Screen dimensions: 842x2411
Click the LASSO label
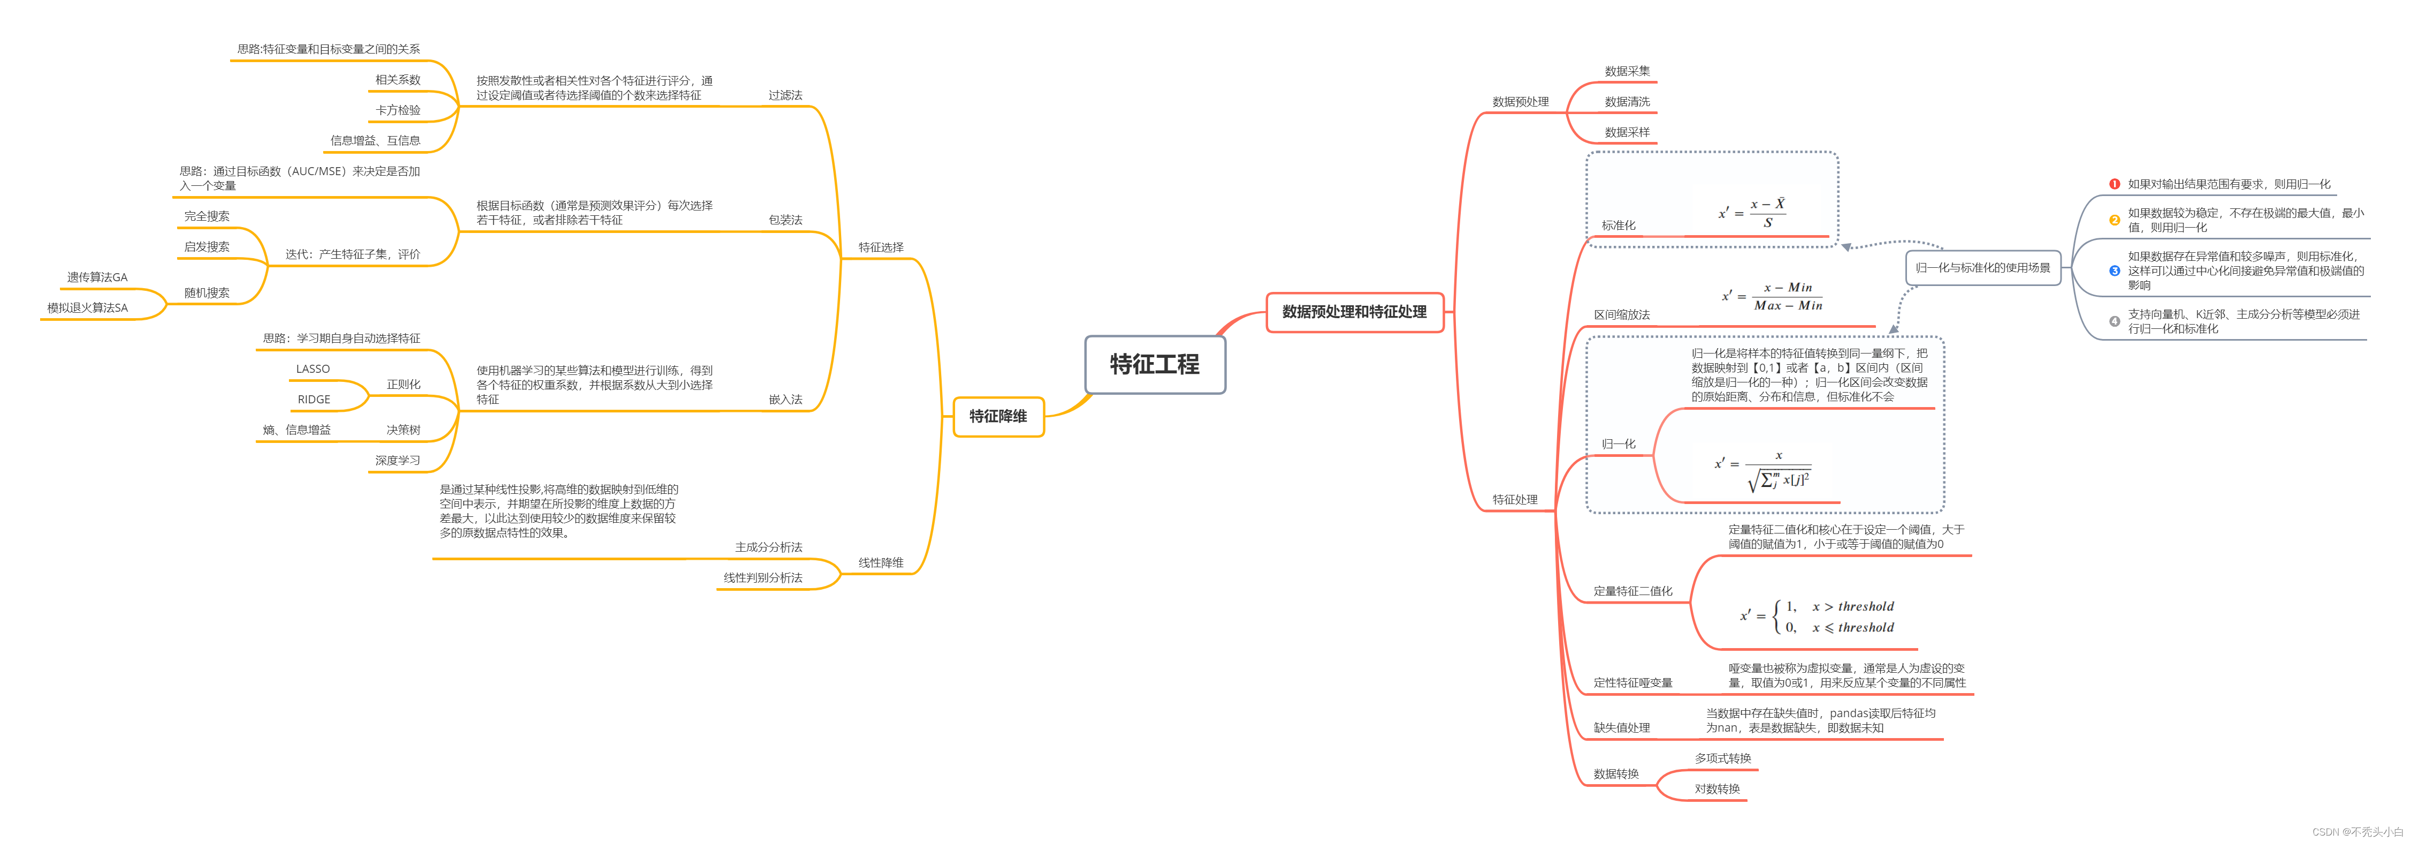[312, 369]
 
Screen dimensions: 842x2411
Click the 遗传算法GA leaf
[97, 277]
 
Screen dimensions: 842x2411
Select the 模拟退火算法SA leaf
[88, 308]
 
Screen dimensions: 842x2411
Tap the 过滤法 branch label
[785, 95]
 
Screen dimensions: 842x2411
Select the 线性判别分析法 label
[763, 578]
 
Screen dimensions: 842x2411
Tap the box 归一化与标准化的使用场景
[1982, 268]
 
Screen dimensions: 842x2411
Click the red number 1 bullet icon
[2114, 184]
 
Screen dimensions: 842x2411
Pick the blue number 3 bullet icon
[2114, 270]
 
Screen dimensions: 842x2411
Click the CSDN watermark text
[2357, 832]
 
